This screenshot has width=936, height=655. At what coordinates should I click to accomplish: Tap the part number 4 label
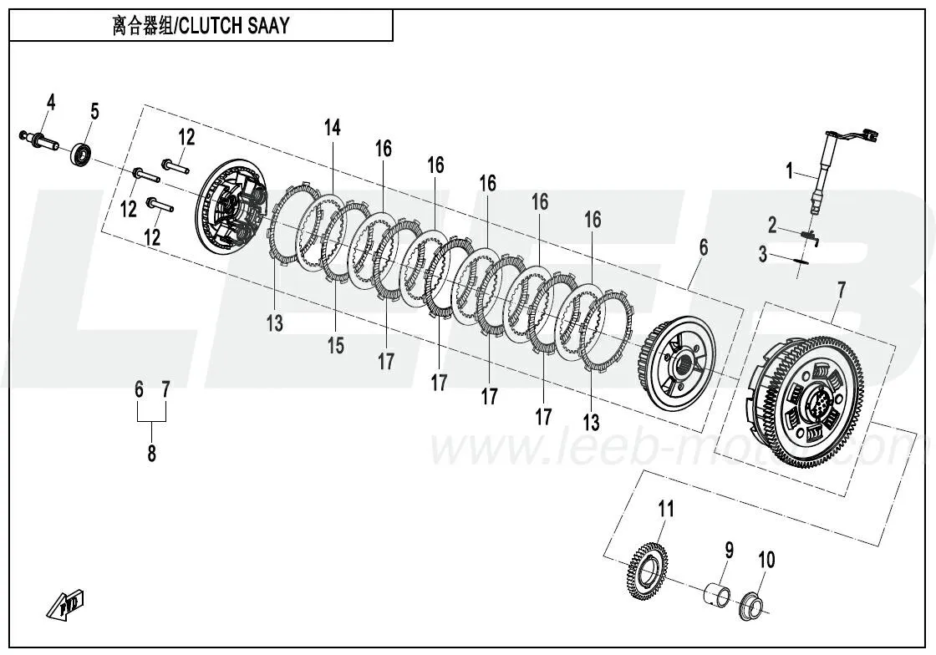tap(51, 103)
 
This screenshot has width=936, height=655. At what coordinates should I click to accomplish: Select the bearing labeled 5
tap(82, 155)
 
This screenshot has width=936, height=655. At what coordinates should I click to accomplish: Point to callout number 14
tap(333, 128)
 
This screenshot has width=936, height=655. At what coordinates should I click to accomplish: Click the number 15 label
tap(335, 345)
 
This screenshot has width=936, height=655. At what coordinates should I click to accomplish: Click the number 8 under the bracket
tap(151, 454)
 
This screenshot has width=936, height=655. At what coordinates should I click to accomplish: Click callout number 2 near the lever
tap(772, 224)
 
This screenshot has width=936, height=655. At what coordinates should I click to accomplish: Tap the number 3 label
tap(762, 254)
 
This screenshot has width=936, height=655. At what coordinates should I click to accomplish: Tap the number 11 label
tap(665, 508)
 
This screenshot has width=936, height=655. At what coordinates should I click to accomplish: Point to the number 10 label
tap(766, 559)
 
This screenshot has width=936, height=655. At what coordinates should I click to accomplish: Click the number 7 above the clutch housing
tap(841, 291)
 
